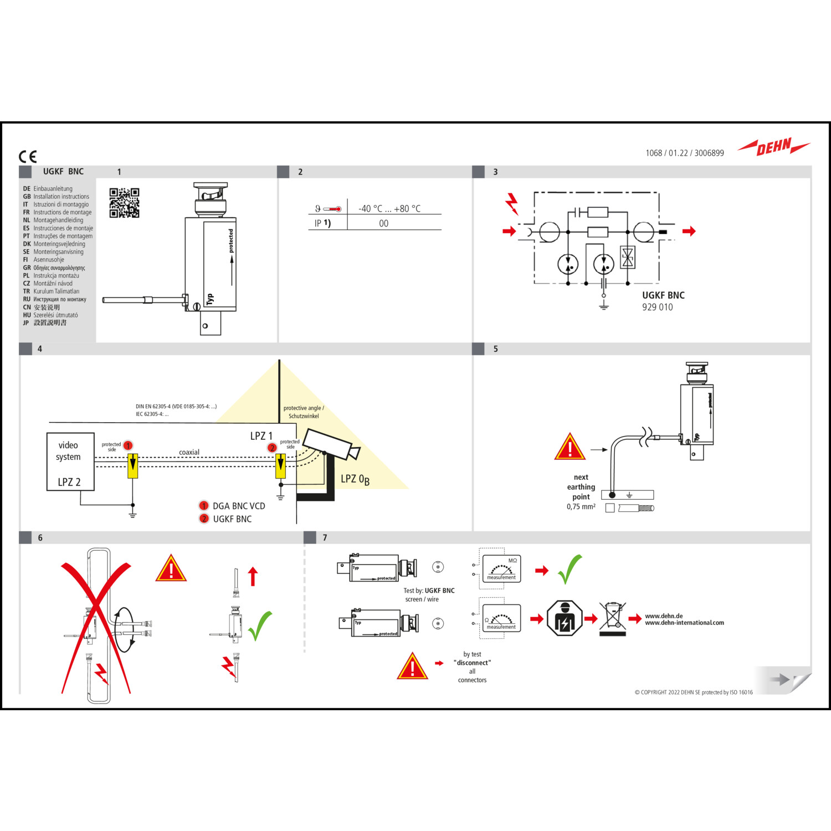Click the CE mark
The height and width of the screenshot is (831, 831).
28,157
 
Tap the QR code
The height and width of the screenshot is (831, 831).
124,203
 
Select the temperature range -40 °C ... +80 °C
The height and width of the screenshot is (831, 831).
389,209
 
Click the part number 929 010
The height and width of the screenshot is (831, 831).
657,307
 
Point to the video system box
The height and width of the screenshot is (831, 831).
70,462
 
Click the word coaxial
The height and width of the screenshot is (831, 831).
189,452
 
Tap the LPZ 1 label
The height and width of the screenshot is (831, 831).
261,436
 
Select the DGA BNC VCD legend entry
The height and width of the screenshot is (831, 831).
238,506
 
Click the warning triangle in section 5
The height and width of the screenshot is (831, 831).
570,448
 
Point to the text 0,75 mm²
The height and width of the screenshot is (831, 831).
581,506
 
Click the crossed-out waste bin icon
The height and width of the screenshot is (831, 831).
612,618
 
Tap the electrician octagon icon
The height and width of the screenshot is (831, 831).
564,618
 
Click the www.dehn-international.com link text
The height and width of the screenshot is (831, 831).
684,623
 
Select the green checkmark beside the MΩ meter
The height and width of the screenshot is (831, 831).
570,569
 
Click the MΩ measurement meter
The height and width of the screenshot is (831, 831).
501,569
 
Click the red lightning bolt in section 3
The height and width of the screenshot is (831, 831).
512,204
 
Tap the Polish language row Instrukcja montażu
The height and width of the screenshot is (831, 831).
56,275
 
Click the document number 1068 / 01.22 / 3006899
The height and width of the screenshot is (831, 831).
684,153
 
